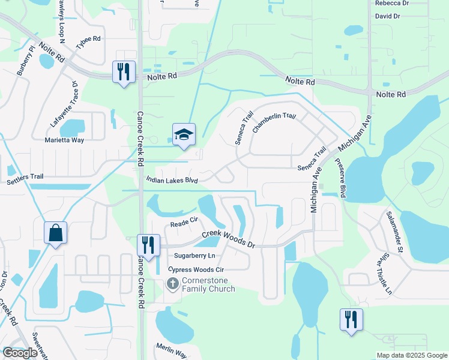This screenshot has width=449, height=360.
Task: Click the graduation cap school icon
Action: (x=184, y=134)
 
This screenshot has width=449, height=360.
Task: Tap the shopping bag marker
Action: (x=55, y=233)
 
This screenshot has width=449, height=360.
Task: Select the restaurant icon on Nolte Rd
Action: (x=124, y=72)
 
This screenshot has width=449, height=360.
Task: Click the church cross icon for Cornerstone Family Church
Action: (x=172, y=283)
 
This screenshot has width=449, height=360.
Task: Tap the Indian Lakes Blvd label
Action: (x=172, y=179)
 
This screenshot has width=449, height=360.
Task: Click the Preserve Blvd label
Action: (x=341, y=178)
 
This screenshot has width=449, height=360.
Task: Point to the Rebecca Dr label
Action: (x=391, y=3)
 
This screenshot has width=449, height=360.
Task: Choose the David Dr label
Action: (x=387, y=16)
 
